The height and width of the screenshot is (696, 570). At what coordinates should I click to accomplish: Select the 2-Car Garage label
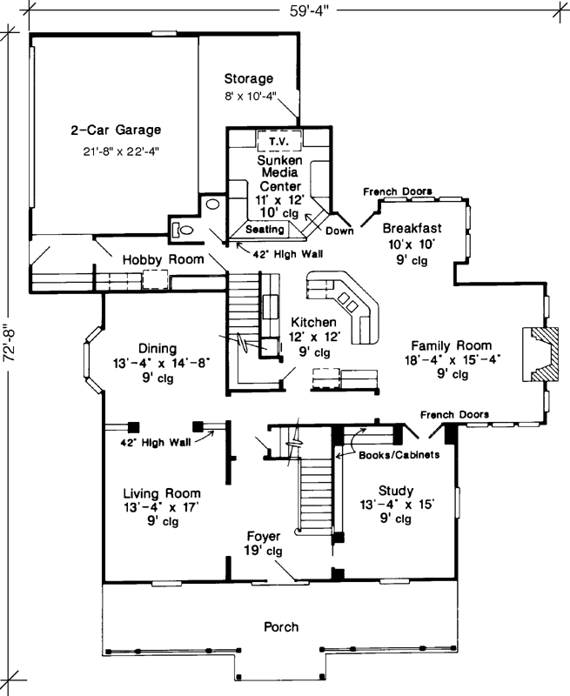click(117, 130)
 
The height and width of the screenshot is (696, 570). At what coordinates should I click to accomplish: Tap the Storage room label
click(248, 78)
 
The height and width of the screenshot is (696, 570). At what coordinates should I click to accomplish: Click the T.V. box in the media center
click(278, 141)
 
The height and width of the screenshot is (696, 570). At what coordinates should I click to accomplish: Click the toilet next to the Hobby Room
click(180, 230)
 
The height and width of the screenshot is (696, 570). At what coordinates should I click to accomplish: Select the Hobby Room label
click(163, 260)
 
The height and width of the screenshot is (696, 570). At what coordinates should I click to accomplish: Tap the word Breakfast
click(412, 229)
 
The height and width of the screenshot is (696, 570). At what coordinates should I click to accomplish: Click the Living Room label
click(161, 492)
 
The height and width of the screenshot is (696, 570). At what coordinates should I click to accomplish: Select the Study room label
click(396, 490)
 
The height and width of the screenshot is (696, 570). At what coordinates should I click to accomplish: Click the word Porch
click(281, 626)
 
